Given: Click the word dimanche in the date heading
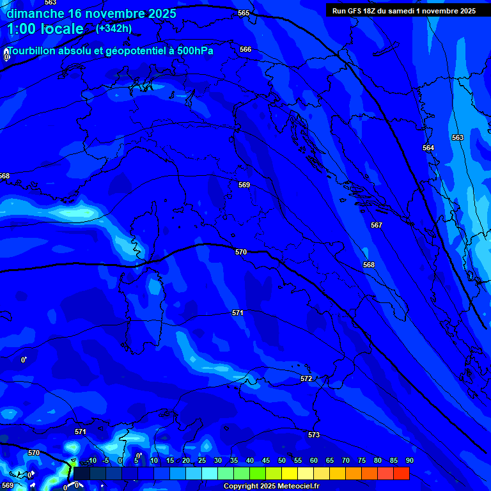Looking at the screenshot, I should (35, 13).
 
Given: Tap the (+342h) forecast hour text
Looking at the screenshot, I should (113, 29).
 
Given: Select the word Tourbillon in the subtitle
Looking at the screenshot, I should (31, 51).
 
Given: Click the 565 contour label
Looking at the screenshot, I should (244, 13).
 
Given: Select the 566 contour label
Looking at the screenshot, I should (245, 49).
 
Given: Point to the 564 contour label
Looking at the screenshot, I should (428, 148).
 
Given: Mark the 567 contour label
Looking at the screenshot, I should (377, 225).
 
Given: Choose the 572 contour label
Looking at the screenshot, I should (306, 379).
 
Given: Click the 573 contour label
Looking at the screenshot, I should (314, 435).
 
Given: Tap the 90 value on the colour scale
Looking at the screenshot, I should (409, 460).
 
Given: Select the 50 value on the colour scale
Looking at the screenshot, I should (282, 460).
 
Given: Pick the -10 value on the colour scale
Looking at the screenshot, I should (91, 460).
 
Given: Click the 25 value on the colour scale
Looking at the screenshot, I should (202, 460).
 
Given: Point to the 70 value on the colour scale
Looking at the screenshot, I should (345, 460).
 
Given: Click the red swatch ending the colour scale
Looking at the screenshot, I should (401, 473).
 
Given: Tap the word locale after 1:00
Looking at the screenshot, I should (61, 29).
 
